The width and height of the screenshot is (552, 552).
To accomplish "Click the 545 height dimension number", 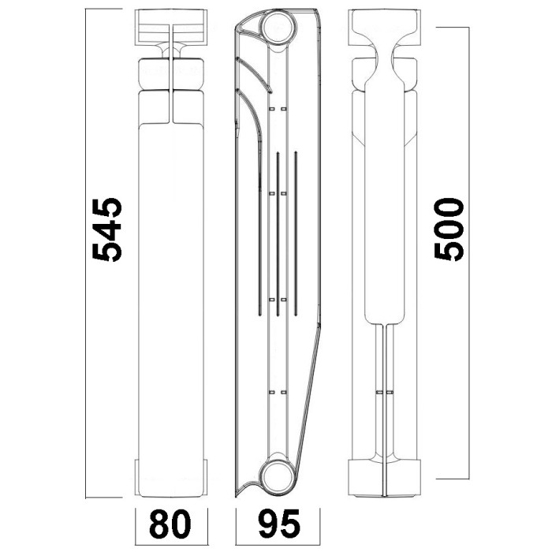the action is (x=107, y=230).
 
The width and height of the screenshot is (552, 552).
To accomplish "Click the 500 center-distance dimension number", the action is (x=449, y=230).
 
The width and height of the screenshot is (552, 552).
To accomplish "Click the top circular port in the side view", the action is (x=278, y=27).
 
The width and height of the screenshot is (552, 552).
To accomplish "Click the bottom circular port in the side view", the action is (x=278, y=476).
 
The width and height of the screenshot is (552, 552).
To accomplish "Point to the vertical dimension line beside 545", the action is (x=86, y=253).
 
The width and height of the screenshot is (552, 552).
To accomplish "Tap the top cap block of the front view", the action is (x=171, y=28).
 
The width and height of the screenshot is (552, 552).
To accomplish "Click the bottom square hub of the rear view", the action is (x=384, y=477).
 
